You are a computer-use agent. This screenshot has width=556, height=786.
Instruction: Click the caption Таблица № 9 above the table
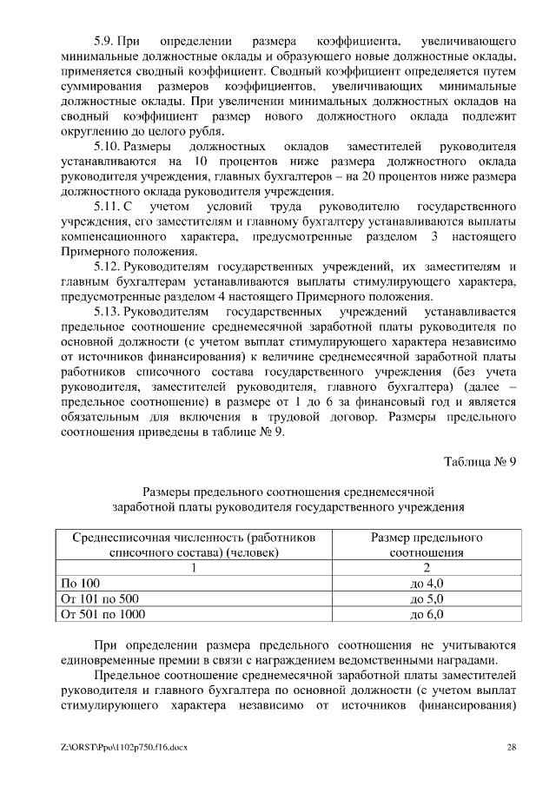click(x=480, y=461)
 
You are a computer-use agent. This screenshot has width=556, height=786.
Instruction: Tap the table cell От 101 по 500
click(x=97, y=598)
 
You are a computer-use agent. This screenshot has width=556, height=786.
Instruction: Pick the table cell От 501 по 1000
click(x=101, y=614)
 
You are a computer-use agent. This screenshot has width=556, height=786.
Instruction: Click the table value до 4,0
click(x=426, y=583)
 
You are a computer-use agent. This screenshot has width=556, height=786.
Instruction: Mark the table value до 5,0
click(x=426, y=598)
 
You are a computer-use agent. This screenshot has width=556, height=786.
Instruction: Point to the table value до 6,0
click(x=426, y=614)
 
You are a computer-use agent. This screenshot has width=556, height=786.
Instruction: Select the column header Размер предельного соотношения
click(x=426, y=544)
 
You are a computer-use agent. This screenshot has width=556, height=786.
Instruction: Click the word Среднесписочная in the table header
click(x=118, y=537)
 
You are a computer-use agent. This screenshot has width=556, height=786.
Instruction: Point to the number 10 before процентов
click(x=201, y=162)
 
